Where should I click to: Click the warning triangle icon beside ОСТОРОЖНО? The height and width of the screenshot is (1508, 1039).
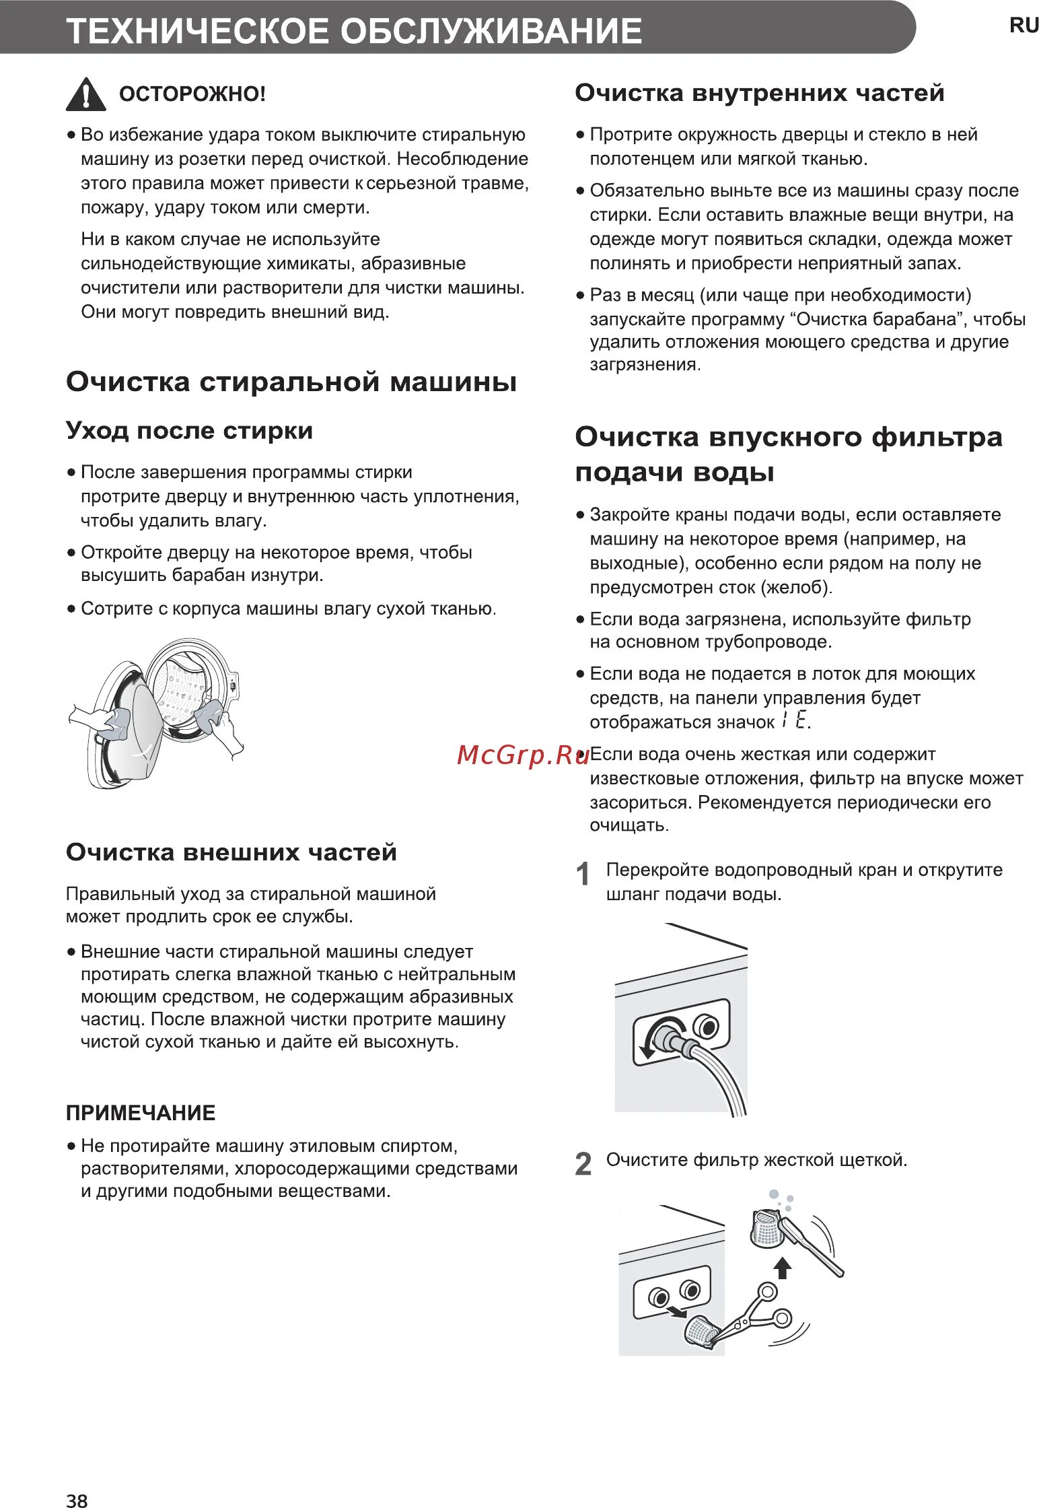85,95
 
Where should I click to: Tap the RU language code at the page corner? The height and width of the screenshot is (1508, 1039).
1024,26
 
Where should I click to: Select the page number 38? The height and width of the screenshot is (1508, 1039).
77,1499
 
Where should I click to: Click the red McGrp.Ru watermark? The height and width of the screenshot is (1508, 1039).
523,755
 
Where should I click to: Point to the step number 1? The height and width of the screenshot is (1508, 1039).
583,874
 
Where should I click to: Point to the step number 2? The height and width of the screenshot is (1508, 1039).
583,1164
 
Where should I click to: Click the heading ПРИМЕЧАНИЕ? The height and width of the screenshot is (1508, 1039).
141,1113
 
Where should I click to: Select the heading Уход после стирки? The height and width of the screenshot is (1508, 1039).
189,431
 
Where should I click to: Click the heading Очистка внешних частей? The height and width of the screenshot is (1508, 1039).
231,852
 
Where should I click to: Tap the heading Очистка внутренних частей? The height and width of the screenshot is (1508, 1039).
759,93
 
